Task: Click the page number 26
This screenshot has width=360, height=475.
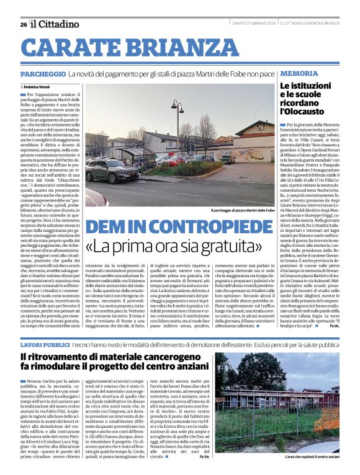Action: [x=23, y=25]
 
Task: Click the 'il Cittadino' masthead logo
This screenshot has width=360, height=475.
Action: [x=55, y=24]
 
